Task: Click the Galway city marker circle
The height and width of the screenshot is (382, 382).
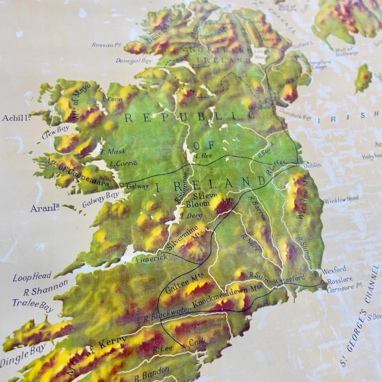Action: click(122, 185)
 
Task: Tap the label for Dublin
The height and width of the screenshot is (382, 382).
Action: click(312, 165)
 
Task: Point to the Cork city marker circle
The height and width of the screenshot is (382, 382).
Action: click(187, 348)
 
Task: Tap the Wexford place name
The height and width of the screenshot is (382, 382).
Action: click(333, 270)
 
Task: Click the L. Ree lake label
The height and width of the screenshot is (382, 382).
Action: click(204, 156)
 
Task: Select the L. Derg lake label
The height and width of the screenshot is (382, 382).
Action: click(191, 216)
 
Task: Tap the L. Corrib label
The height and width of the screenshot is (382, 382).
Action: click(123, 163)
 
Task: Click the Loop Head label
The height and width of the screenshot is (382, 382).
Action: click(32, 277)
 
